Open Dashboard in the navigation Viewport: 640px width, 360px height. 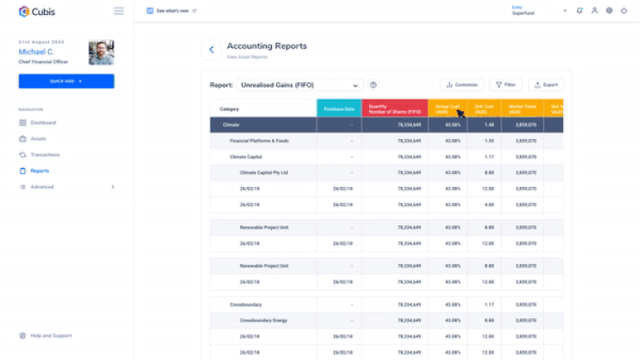[43, 122]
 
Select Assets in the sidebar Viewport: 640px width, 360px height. [38, 138]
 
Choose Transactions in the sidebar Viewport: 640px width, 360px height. [45, 155]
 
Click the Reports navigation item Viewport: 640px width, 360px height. [39, 170]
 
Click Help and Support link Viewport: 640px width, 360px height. [50, 336]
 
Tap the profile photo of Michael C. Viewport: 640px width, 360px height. [101, 52]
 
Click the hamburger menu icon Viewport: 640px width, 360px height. [119, 11]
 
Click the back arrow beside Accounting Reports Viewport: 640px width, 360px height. [211, 50]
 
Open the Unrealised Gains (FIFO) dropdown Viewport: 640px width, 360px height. [299, 85]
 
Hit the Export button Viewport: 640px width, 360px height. [546, 85]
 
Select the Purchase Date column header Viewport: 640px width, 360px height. [338, 108]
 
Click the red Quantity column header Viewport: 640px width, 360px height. [394, 108]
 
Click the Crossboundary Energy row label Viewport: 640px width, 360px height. [263, 321]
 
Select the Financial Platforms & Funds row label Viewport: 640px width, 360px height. [259, 141]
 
